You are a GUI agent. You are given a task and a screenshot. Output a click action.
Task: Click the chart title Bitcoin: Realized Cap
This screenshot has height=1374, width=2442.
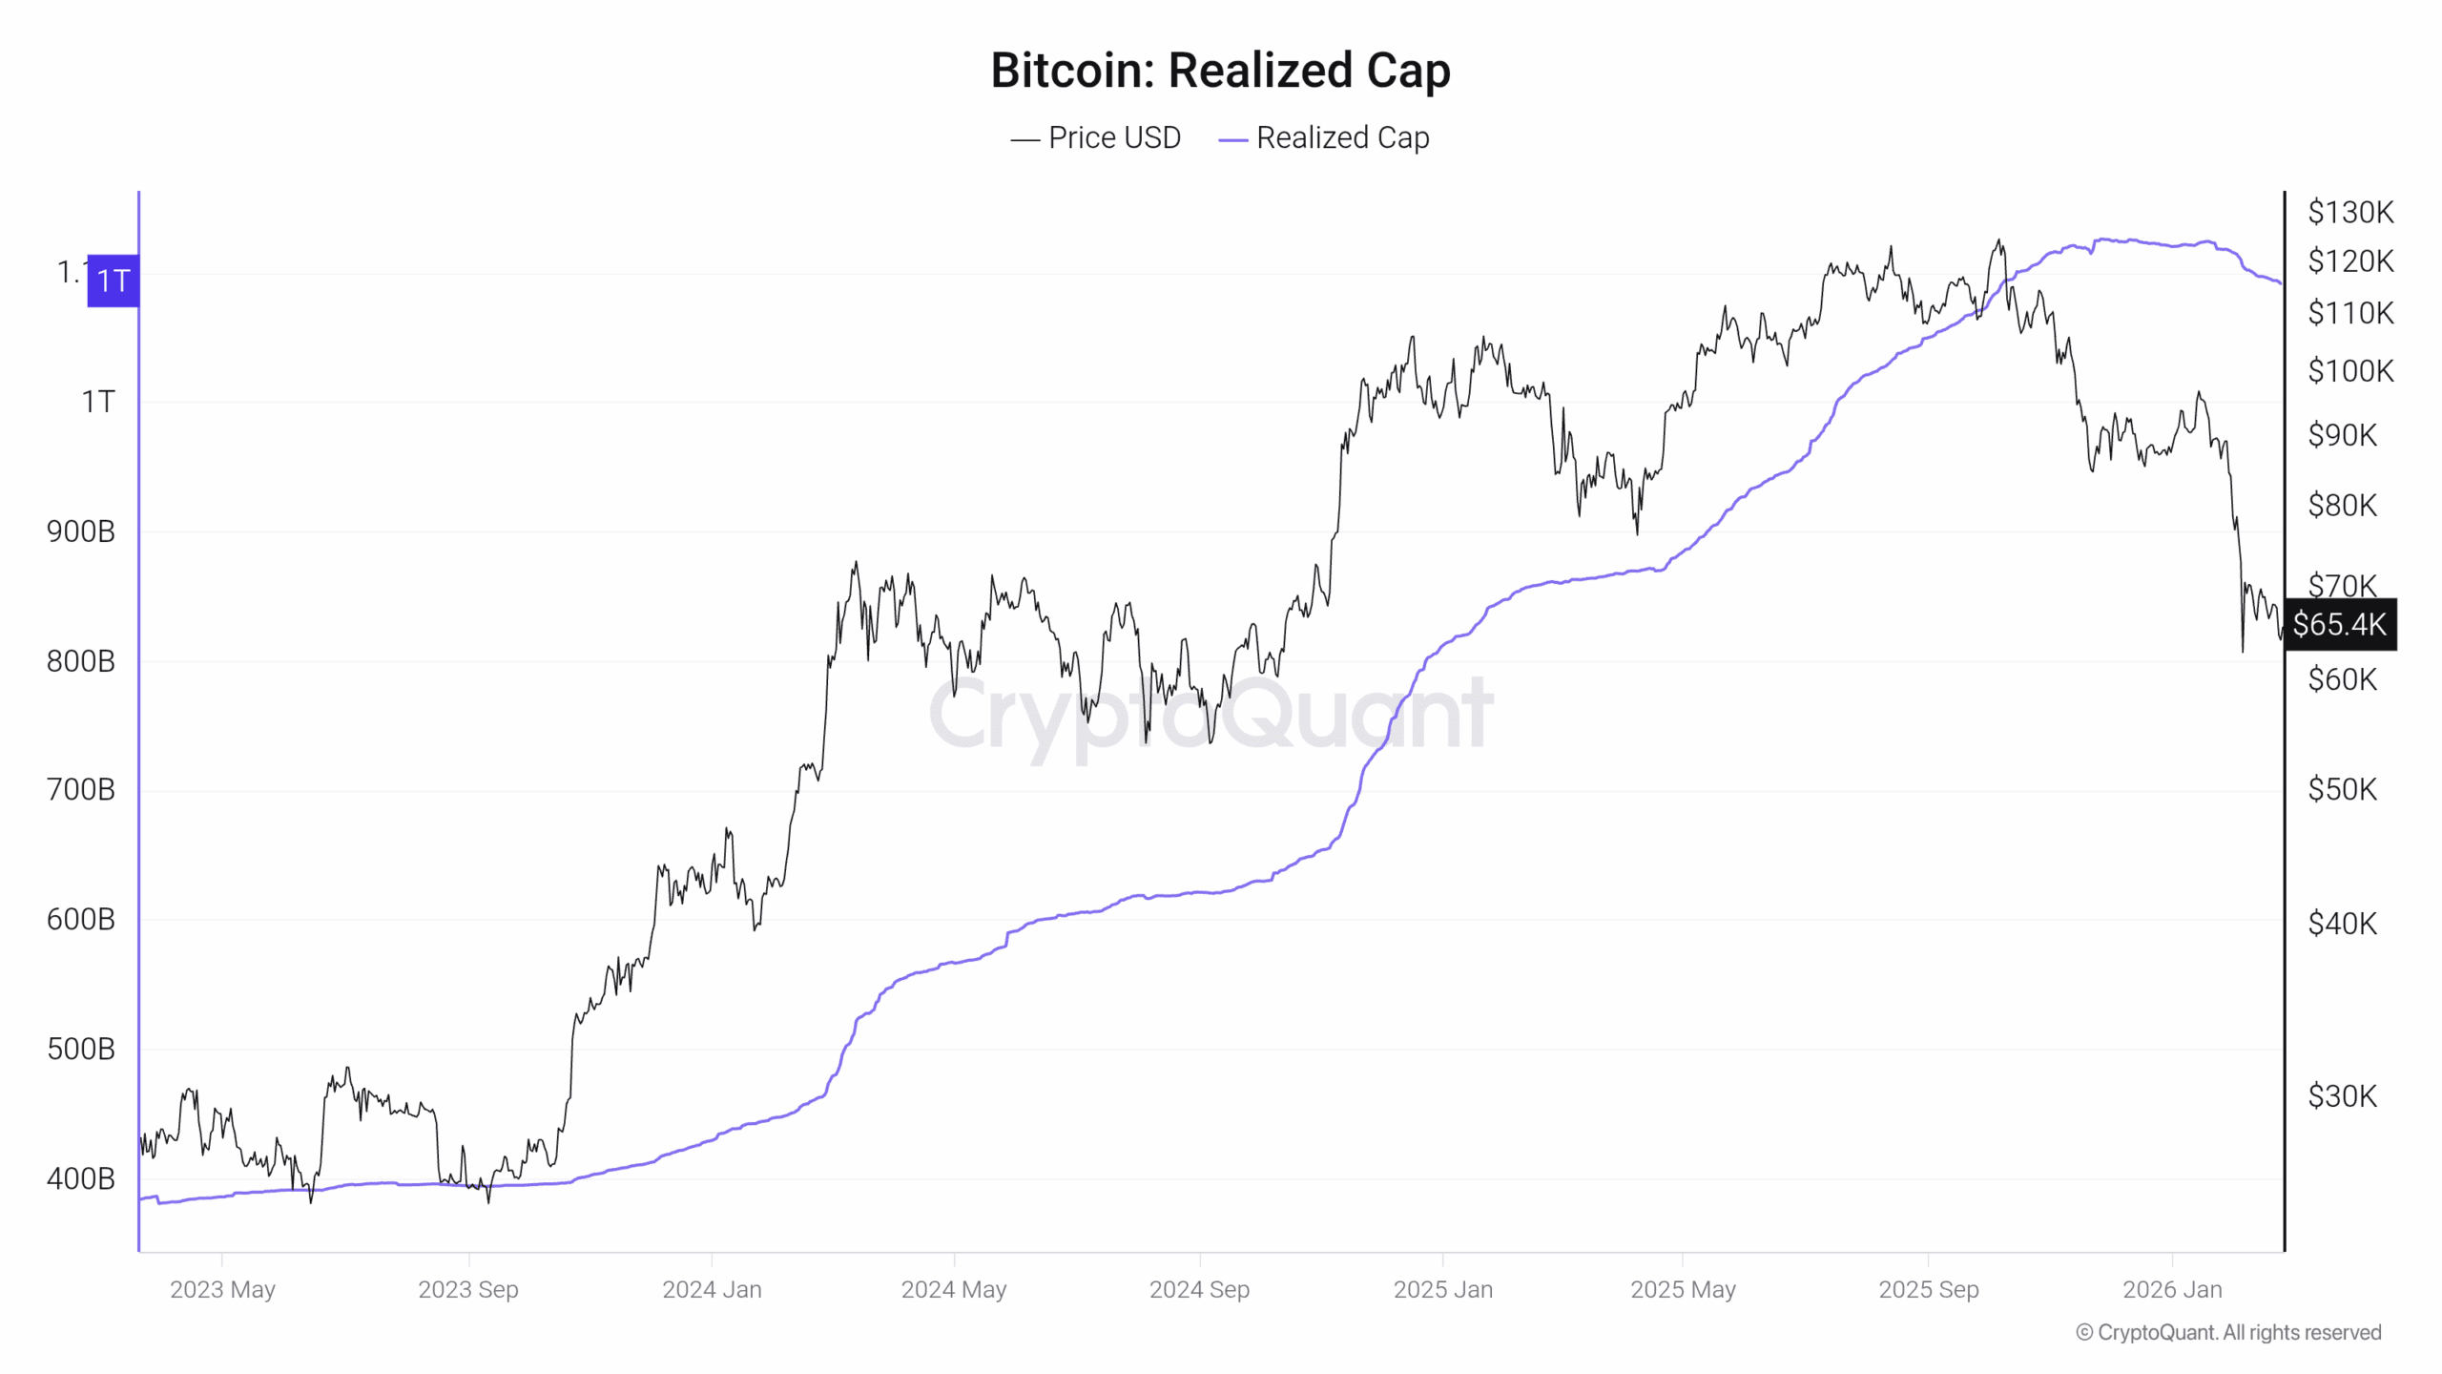point(1220,71)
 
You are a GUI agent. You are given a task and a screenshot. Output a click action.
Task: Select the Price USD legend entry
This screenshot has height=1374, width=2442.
point(1096,138)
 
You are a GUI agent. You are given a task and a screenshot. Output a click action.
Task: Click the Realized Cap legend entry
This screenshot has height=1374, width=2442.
point(1325,138)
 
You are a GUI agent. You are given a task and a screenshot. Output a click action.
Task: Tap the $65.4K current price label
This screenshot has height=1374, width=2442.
point(2339,625)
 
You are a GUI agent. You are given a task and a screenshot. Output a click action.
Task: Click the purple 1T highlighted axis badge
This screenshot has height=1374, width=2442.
point(113,281)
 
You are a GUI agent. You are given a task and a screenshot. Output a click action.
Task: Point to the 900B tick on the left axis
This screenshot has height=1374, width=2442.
point(81,531)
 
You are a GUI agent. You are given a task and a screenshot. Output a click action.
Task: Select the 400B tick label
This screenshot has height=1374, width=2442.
point(81,1179)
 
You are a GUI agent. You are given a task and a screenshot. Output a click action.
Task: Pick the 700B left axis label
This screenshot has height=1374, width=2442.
point(81,790)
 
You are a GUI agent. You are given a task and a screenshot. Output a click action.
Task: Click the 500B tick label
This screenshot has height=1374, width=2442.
point(81,1050)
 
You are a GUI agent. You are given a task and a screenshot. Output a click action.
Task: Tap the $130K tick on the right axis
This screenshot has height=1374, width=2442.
point(2350,212)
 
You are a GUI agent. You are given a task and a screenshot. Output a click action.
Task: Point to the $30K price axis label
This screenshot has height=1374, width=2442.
point(2343,1096)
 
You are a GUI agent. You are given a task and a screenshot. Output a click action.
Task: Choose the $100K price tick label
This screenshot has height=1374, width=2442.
point(2350,371)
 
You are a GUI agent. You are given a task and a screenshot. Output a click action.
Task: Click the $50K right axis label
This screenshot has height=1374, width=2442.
point(2343,790)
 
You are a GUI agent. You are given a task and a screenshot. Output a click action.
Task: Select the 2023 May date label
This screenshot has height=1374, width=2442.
point(222,1290)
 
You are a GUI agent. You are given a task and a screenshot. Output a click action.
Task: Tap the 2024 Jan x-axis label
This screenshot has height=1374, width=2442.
point(712,1290)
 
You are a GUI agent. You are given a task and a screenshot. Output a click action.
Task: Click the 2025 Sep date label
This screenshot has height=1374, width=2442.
point(1928,1290)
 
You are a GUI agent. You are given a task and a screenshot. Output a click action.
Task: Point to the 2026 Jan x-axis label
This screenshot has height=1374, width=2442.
point(2172,1290)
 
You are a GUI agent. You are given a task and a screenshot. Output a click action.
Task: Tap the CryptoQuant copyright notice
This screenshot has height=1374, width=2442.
point(2228,1333)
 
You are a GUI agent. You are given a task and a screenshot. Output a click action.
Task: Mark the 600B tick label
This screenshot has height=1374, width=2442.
point(81,920)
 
